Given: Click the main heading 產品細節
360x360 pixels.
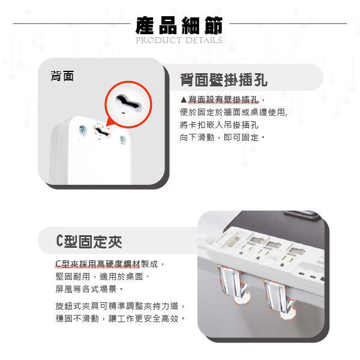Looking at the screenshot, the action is coord(179,25).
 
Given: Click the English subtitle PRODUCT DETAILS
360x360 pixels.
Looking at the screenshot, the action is coord(179,40).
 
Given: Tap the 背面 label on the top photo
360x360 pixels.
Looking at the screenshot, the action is coord(62,76).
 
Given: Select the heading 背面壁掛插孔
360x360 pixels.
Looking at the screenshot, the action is coord(224,80).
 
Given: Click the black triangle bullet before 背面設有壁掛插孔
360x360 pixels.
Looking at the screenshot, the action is coord(184,100).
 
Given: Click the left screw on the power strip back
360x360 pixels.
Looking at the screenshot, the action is coord(82,131).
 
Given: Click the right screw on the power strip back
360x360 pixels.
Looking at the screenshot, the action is coord(122,140).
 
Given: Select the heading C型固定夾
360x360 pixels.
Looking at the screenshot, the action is coord(89,242).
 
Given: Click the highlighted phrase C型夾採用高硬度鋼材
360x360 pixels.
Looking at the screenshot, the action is coord(98,264).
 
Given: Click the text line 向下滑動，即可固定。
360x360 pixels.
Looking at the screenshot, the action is coord(223,137).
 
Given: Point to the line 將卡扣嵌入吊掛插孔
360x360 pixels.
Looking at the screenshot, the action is coord(219,125).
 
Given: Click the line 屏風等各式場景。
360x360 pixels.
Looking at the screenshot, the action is coord(89,289).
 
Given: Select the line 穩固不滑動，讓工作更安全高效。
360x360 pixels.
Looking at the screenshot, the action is coord(121,318).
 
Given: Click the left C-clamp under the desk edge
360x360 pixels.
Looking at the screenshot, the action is coord(233,284).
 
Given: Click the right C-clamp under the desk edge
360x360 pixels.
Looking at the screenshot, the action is coord(279,299).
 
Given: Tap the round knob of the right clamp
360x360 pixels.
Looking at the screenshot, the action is coord(288,315).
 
